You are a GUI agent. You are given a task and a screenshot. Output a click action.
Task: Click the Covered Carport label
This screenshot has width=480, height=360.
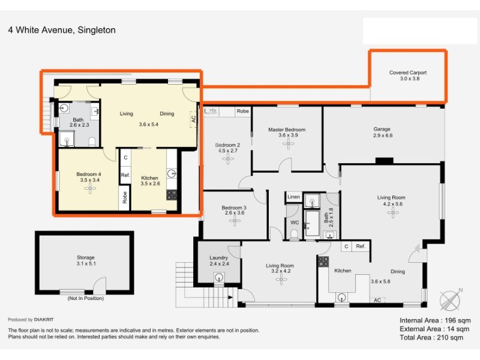tap(408, 73)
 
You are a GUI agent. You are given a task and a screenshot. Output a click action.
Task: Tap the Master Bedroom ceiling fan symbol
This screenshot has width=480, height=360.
tap(288, 143)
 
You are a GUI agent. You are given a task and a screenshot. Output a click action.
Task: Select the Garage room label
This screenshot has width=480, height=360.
tap(382, 129)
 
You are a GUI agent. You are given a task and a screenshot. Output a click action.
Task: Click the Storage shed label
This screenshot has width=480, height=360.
tap(85, 257)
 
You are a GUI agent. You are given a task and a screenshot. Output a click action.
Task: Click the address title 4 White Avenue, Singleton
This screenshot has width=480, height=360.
tap(62, 30)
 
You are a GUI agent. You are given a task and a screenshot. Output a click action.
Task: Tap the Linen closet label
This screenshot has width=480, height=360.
tap(293, 197)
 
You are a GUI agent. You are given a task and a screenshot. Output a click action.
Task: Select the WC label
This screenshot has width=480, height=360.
tap(295, 223)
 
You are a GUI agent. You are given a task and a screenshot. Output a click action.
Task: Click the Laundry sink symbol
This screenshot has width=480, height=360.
tap(218, 278)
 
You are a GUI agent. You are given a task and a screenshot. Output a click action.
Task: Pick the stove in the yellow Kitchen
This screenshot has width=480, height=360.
tap(172, 195)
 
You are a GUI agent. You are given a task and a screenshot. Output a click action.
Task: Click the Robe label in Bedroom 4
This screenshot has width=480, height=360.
tap(125, 197)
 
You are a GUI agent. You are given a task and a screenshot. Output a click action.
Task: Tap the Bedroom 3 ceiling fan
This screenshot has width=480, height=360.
tap(235, 221)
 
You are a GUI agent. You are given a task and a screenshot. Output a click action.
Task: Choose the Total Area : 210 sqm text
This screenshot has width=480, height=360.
tap(431, 338)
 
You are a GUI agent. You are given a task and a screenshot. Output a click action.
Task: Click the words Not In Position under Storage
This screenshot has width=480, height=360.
tap(85, 298)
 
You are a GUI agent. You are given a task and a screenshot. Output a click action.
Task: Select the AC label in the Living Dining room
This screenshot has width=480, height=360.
tap(193, 119)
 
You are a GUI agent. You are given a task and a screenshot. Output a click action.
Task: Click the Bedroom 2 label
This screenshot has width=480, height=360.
tap(227, 145)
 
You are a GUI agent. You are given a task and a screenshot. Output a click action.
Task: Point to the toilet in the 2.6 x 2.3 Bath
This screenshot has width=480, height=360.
tap(92, 142)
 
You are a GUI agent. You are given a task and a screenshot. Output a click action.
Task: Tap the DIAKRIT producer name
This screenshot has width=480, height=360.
tap(44, 320)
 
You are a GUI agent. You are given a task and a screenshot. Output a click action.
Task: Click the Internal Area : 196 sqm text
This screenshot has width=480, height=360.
tap(435, 320)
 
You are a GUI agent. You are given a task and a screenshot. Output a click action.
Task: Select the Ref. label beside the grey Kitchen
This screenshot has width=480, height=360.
tap(361, 246)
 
